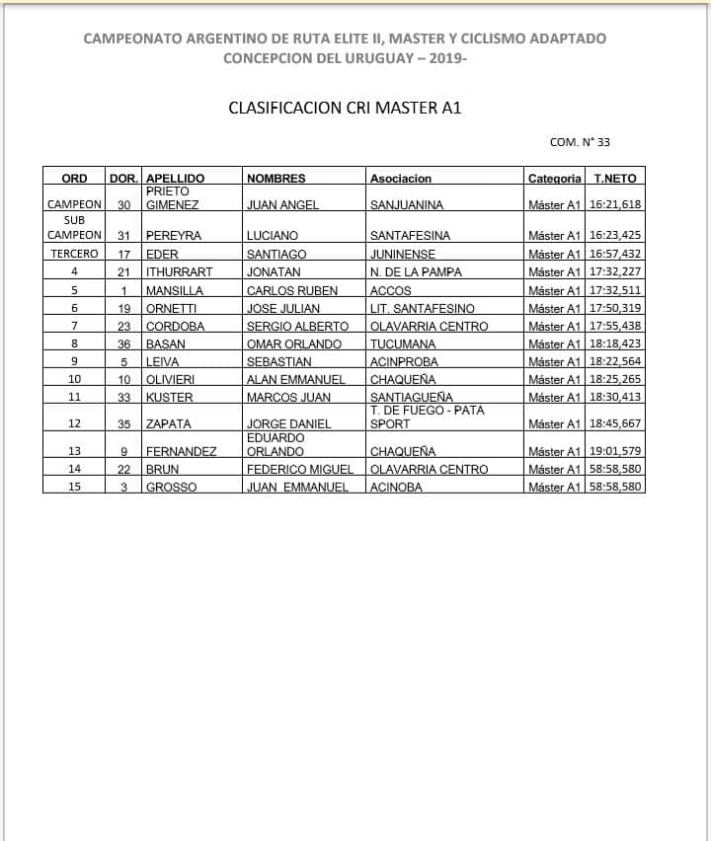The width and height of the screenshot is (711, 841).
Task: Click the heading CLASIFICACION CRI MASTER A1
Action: [x=345, y=108]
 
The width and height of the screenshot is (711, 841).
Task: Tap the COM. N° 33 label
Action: [x=580, y=142]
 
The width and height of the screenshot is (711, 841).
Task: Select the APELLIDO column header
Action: [x=175, y=179]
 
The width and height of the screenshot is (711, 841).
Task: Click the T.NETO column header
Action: [x=615, y=179]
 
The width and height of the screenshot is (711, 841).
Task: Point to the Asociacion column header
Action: [x=401, y=179]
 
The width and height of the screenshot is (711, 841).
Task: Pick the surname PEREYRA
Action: [x=174, y=236]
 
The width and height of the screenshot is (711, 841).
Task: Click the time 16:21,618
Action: [x=615, y=205]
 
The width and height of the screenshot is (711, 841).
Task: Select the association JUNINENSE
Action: [x=403, y=255]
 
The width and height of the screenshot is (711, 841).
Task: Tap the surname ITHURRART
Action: [x=179, y=272]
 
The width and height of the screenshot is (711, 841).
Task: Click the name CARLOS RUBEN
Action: [x=292, y=291]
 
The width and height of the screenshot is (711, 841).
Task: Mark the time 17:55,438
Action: [x=615, y=327]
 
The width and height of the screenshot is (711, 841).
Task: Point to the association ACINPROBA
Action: [x=404, y=362]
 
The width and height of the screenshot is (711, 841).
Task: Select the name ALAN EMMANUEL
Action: [x=296, y=380]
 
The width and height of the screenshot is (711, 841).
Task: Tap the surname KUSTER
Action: [x=170, y=398]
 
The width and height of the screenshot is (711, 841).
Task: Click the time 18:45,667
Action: [x=615, y=424]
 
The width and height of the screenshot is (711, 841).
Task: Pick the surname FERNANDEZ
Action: [x=182, y=452]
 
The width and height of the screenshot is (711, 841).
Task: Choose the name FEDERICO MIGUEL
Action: [x=300, y=470]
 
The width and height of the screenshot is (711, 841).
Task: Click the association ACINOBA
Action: [x=396, y=488]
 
